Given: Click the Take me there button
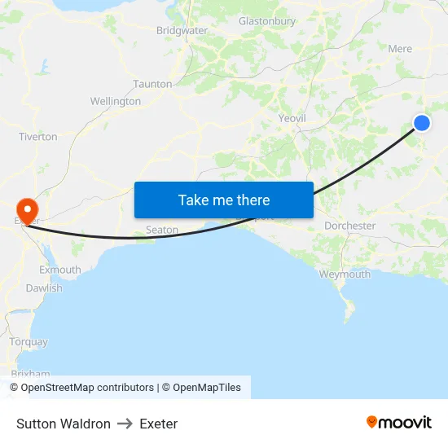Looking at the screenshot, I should tap(223, 200).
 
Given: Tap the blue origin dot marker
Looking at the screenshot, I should tap(422, 123).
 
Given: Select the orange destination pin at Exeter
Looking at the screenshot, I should tap(27, 210).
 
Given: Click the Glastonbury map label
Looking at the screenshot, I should tap(267, 21).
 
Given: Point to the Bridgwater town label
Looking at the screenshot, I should tap(182, 30).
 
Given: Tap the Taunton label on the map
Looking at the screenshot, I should tap(152, 84).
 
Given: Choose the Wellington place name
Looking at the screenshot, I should tap(116, 102).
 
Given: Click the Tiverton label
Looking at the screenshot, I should tap(38, 137).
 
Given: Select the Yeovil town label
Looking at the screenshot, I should tap(292, 118).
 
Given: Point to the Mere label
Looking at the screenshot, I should tap(400, 49).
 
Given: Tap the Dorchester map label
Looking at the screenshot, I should tap(349, 226).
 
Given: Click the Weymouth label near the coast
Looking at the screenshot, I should tap(345, 275).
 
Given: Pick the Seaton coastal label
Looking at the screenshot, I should tap(162, 230).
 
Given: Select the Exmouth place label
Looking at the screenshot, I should tap(60, 270).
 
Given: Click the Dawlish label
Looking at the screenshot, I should tap(44, 288).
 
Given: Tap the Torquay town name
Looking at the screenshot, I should tap(29, 342).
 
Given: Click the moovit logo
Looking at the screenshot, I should tap(399, 422).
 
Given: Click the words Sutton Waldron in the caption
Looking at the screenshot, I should tap(64, 424).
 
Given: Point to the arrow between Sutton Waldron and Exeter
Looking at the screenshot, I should tap(125, 424).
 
